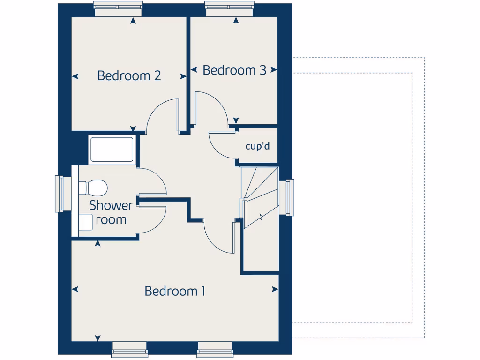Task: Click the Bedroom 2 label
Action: pos(129,75)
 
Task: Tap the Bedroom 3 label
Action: pos(234,70)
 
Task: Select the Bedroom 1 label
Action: pos(175,291)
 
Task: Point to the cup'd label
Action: pos(258,146)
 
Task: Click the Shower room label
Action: pos(111,212)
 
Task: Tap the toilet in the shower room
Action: pos(94,187)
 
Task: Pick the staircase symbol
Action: pos(259,197)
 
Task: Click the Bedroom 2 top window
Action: pos(118,6)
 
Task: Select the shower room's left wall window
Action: pos(60,193)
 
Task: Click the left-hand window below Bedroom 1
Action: pos(129,350)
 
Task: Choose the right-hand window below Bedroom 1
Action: pos(215,350)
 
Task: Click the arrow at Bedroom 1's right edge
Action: pos(275,289)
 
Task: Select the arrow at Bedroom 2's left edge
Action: pos(75,76)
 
